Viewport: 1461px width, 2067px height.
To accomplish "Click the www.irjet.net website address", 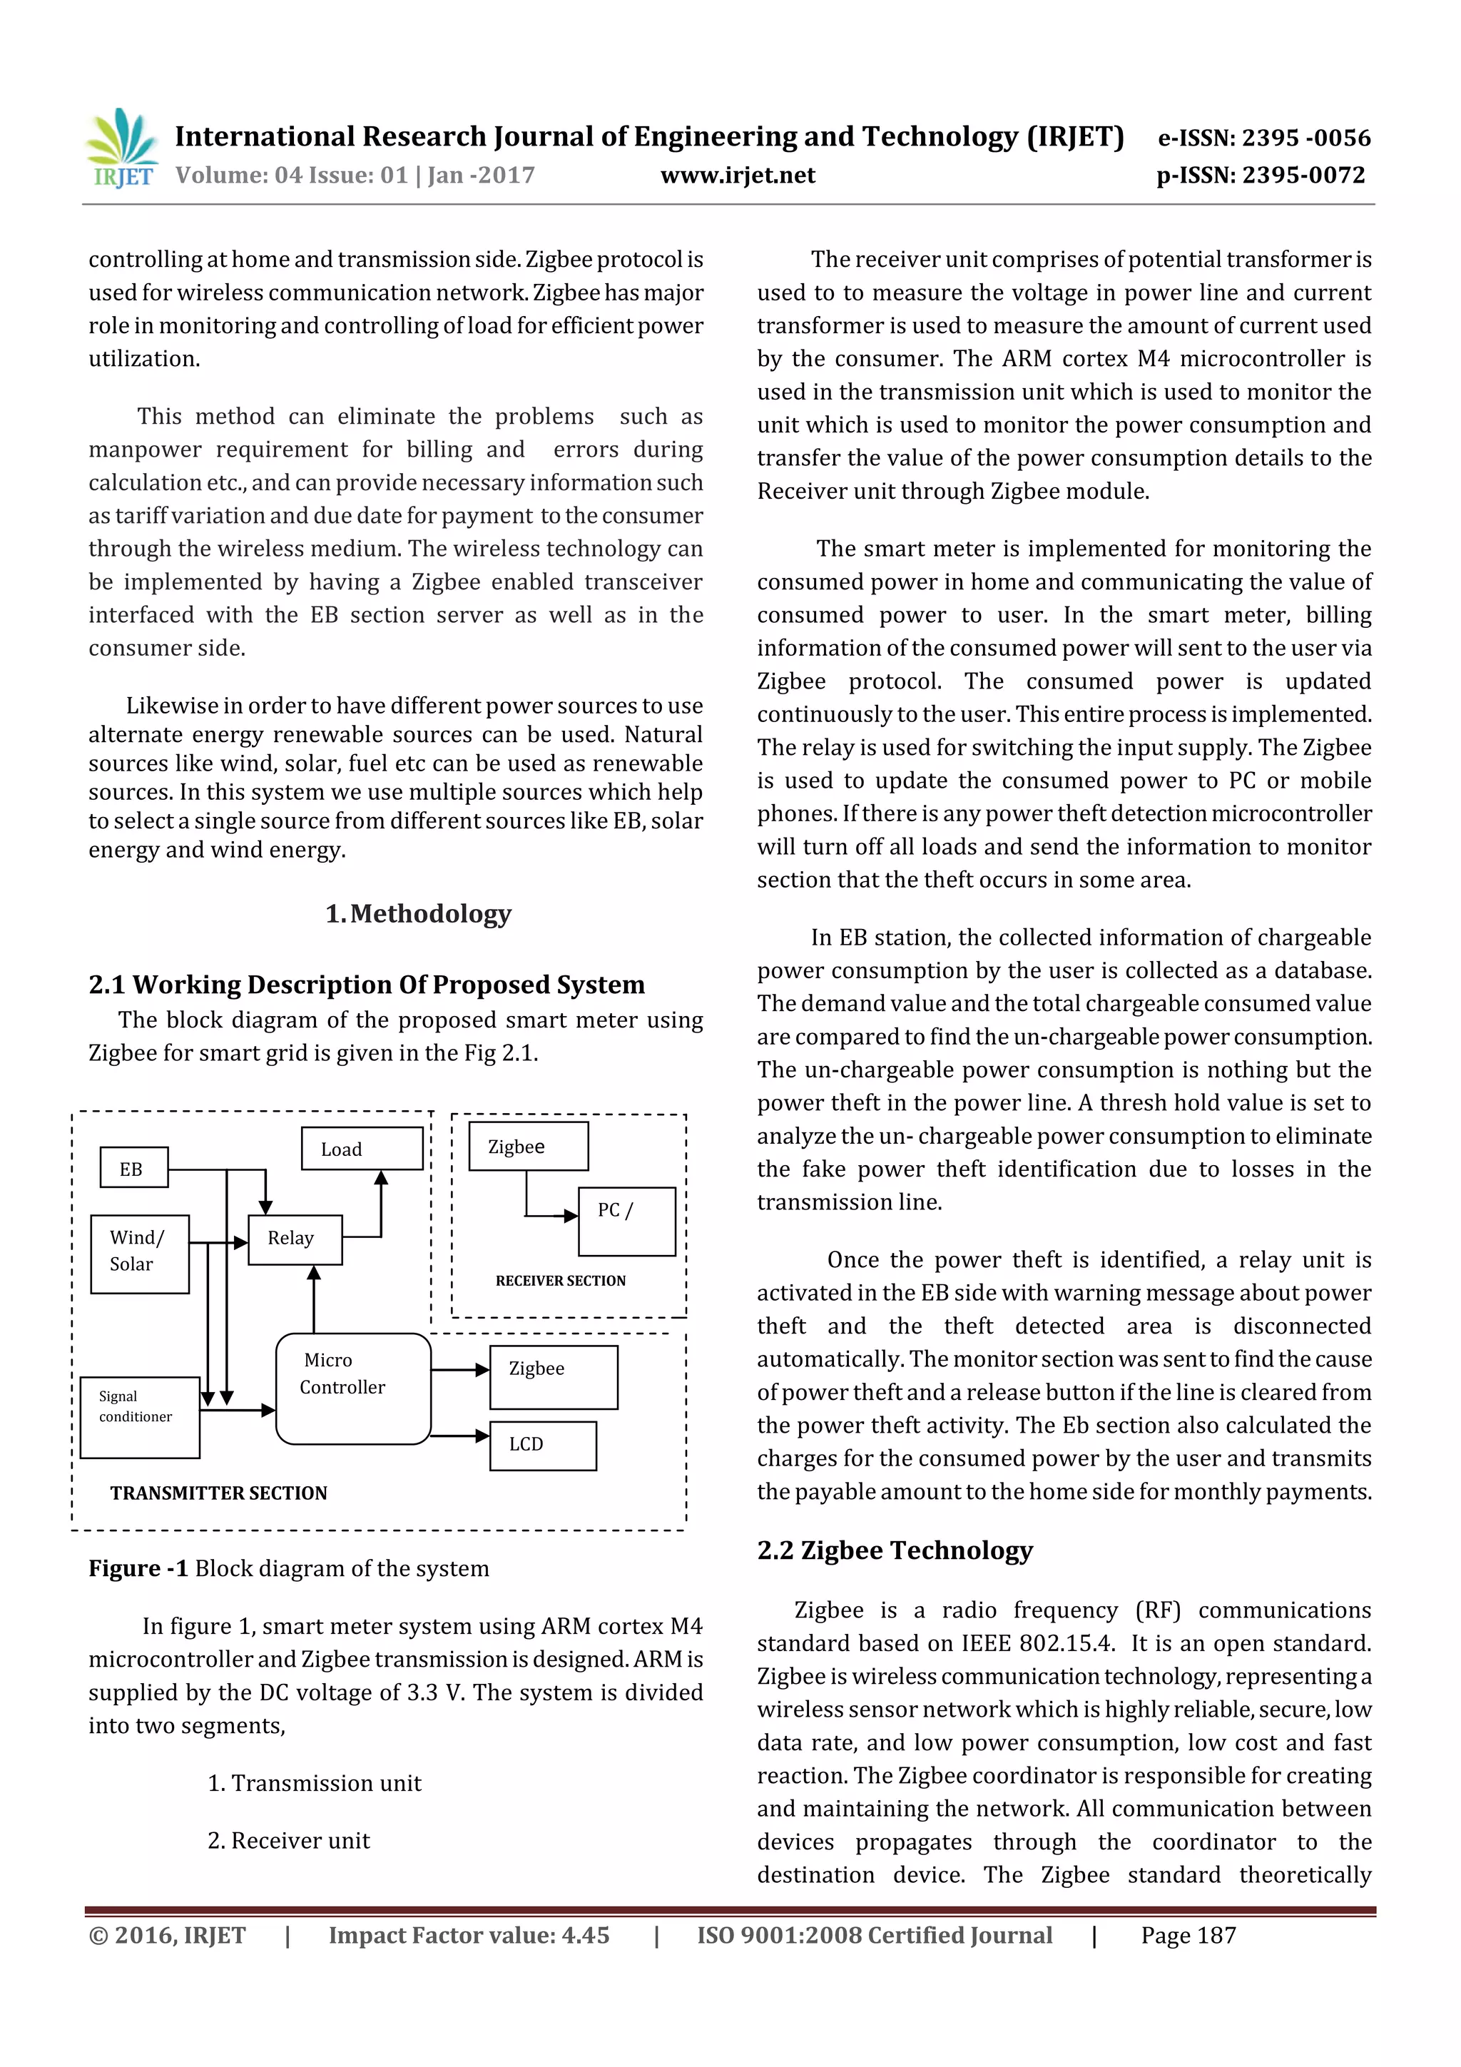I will point(737,176).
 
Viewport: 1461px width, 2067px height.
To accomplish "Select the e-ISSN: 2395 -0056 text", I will point(1263,138).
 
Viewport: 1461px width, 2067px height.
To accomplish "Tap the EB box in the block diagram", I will point(132,1169).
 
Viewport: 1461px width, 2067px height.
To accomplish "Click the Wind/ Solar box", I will point(140,1252).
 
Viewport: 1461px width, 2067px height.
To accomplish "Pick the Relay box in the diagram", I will point(293,1239).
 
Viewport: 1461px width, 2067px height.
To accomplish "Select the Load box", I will point(361,1149).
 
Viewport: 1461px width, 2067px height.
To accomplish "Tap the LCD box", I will point(542,1445).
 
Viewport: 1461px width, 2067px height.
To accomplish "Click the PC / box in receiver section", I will point(626,1221).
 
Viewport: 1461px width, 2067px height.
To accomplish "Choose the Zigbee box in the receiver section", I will point(527,1146).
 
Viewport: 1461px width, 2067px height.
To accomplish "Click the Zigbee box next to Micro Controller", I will point(553,1376).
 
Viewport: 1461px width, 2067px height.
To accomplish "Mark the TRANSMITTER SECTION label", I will point(219,1493).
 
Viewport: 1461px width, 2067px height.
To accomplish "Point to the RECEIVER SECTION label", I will point(560,1280).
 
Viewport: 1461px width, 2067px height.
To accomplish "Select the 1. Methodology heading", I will point(419,914).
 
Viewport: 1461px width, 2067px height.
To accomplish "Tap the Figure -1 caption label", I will point(138,1568).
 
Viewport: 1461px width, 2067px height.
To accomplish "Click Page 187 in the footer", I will point(1188,1935).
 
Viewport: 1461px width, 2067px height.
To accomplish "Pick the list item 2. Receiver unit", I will point(288,1840).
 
